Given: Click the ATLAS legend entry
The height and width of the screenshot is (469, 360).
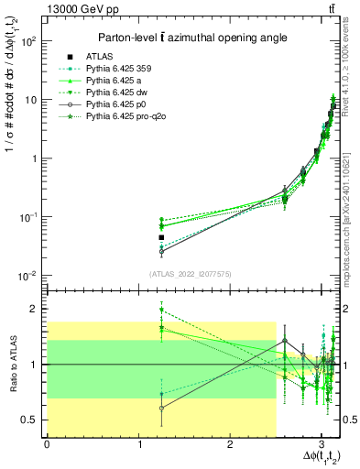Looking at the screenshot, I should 99,56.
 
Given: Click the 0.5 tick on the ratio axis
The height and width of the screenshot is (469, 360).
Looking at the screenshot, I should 31,420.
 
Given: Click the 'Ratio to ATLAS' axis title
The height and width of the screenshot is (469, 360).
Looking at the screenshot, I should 11,364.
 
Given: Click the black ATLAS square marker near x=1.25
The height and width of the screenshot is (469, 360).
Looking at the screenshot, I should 161,237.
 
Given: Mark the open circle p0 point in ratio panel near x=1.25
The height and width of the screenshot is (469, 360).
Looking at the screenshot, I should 161,408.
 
